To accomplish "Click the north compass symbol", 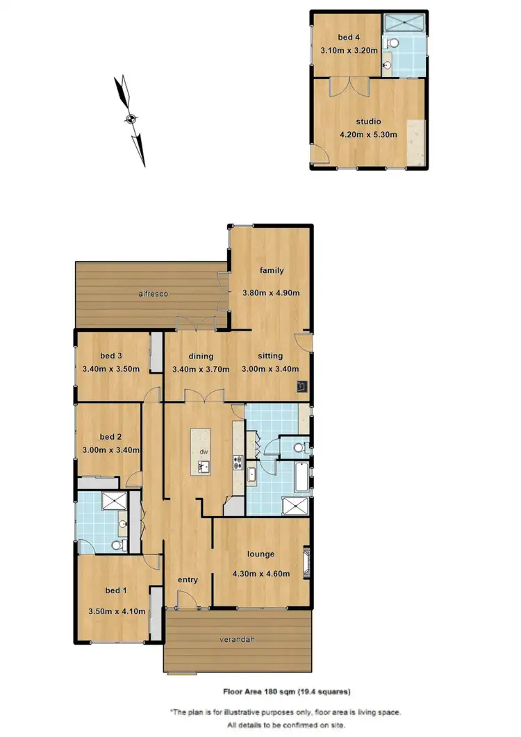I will pyautogui.click(x=131, y=119).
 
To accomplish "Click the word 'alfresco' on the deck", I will pyautogui.click(x=153, y=294).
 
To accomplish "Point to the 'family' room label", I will pyautogui.click(x=271, y=270).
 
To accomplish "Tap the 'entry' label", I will pyautogui.click(x=188, y=579).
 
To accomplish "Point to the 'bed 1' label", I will pyautogui.click(x=115, y=590).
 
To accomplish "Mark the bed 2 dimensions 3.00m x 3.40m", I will pyautogui.click(x=111, y=449).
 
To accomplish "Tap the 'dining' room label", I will pyautogui.click(x=200, y=356).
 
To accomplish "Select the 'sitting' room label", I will pyautogui.click(x=270, y=356).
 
